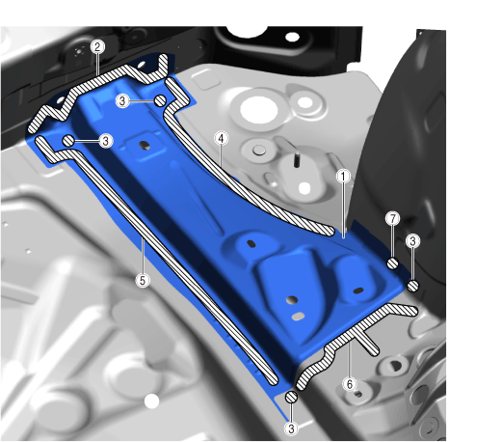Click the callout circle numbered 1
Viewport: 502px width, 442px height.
pos(343,177)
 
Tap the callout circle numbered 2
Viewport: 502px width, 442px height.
pos(97,47)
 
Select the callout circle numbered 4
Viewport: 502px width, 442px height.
pos(221,139)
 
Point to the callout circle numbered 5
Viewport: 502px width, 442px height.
pos(143,280)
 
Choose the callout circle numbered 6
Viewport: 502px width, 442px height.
pos(350,384)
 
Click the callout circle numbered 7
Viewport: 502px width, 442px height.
pos(392,219)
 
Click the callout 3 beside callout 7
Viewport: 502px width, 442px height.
pos(412,240)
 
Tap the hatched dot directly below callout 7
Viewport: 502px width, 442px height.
pos(392,263)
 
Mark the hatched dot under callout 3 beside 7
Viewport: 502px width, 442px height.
pos(412,286)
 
